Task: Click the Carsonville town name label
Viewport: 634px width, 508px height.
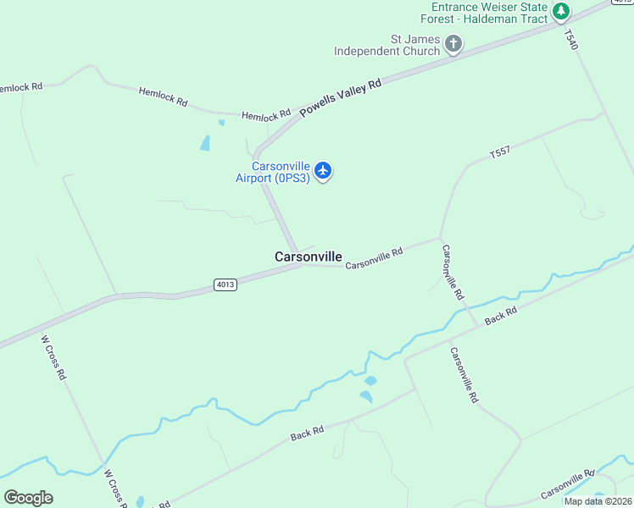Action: click(309, 257)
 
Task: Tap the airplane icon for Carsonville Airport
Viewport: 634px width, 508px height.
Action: click(322, 171)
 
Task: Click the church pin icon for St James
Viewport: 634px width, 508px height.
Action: click(453, 44)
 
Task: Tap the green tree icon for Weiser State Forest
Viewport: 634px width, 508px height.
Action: click(560, 12)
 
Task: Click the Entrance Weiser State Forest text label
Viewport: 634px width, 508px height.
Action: click(489, 13)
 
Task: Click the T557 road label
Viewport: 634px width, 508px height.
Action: click(500, 153)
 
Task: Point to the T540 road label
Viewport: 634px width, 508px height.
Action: click(570, 39)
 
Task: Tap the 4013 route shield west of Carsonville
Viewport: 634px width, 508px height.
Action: click(225, 284)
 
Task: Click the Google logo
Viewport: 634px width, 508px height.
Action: click(28, 497)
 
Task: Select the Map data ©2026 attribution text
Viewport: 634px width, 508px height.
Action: click(597, 501)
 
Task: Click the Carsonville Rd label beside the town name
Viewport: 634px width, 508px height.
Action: click(374, 260)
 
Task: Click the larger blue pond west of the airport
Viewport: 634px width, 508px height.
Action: click(205, 143)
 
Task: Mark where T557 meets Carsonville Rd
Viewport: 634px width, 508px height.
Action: click(440, 238)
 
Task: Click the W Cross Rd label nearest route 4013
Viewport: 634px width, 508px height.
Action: click(54, 357)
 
